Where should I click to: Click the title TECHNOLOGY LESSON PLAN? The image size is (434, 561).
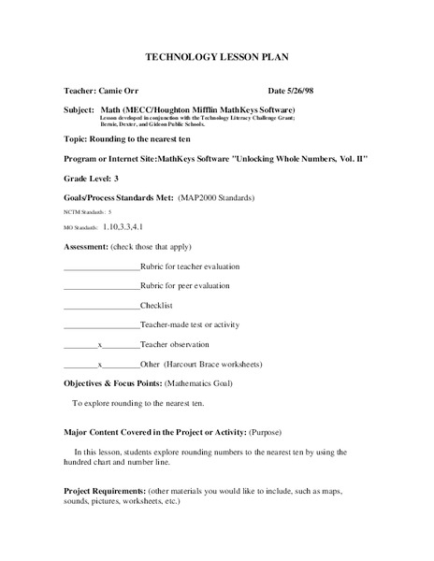pos(216,57)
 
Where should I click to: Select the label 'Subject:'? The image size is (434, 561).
pos(81,110)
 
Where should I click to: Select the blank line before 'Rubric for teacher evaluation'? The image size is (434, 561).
pos(101,267)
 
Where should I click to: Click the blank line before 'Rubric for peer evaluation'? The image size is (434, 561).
pos(101,287)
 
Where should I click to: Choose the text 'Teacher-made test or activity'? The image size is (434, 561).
pos(190,324)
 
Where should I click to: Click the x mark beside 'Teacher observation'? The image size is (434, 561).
pos(100,344)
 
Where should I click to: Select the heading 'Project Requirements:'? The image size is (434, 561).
pos(104,491)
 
